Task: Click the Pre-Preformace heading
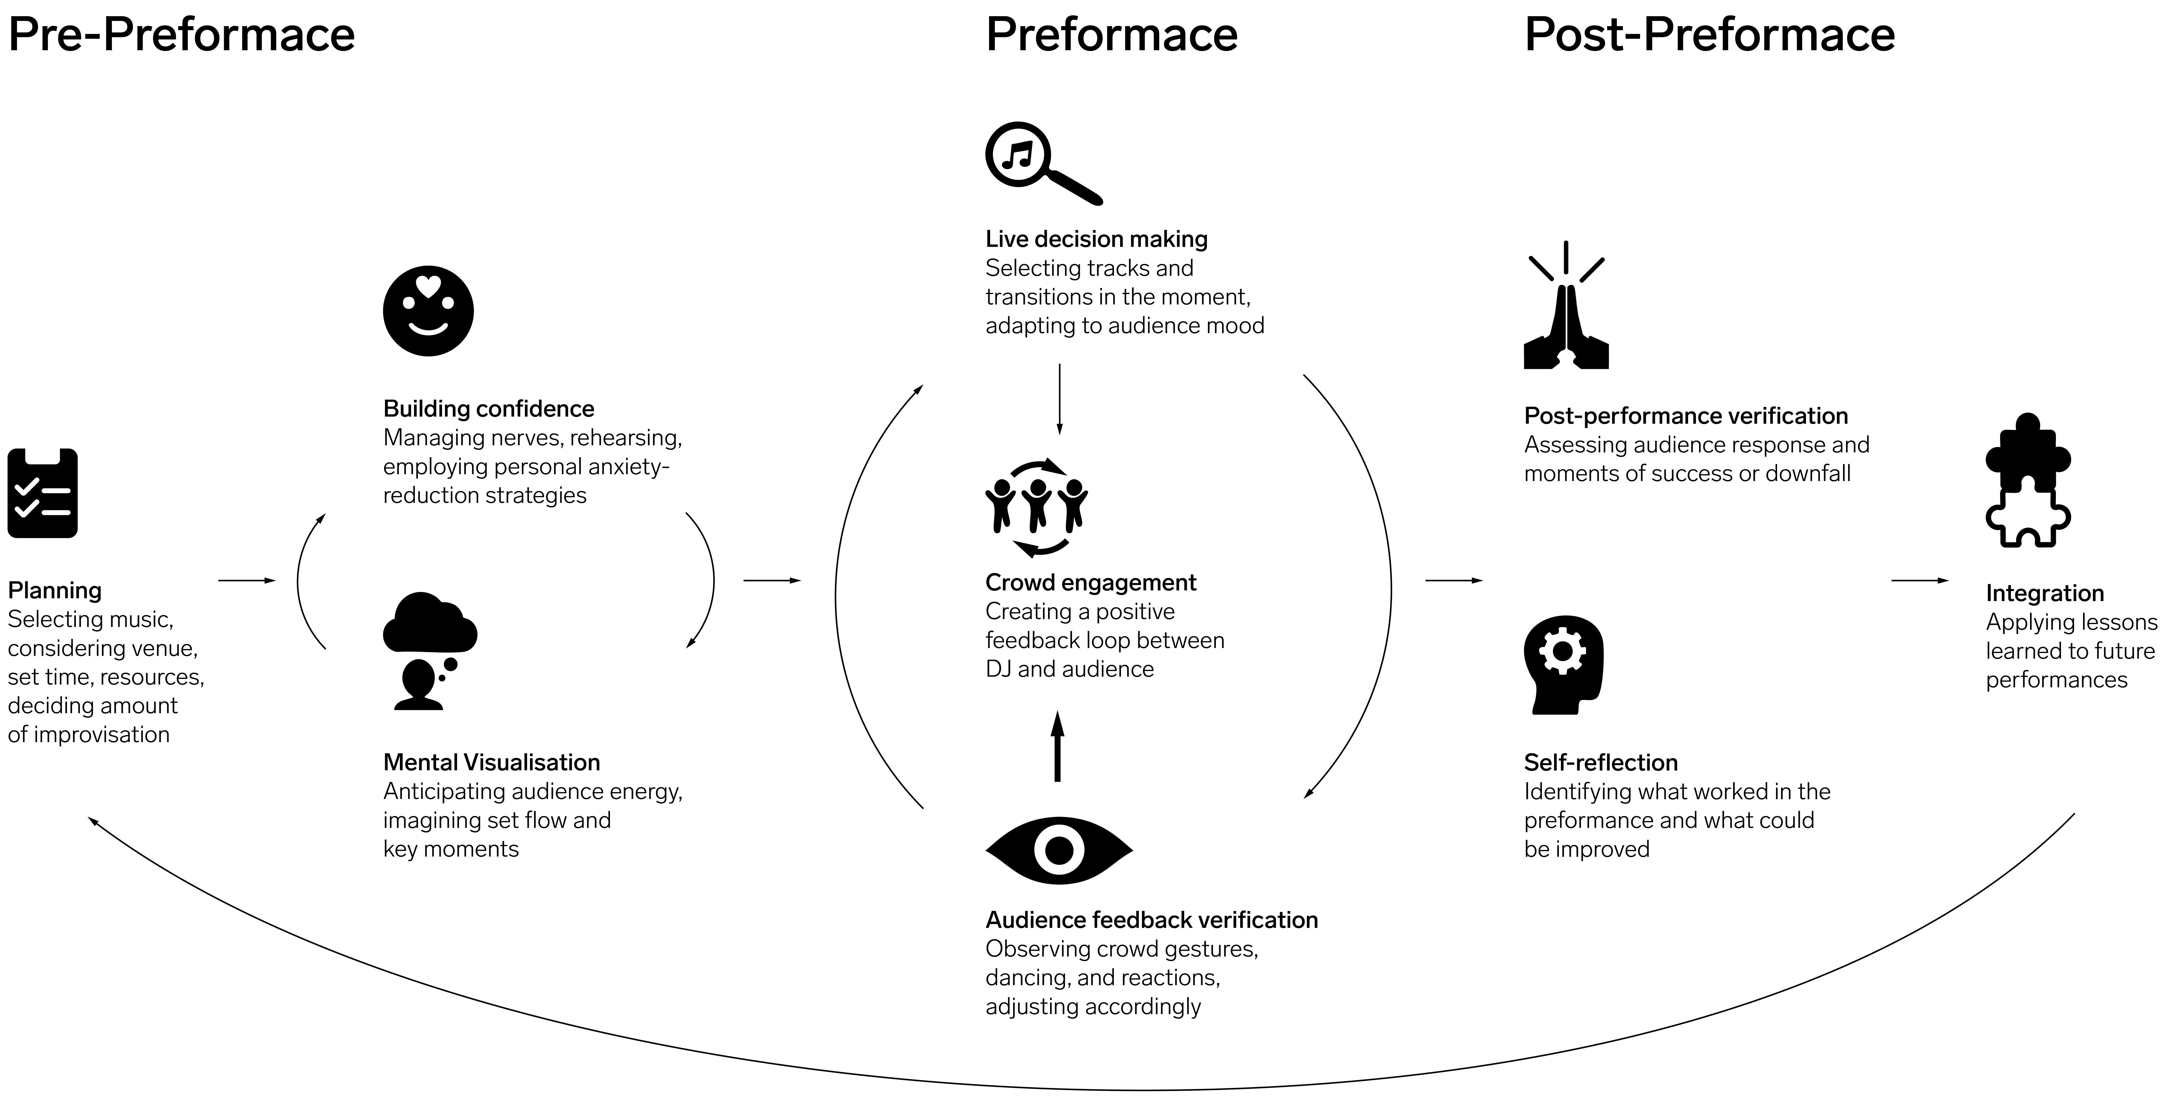click(181, 35)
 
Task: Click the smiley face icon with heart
click(429, 311)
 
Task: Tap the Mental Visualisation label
click(491, 763)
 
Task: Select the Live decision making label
click(1096, 240)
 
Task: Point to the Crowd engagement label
click(1090, 583)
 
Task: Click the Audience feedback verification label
click(1151, 920)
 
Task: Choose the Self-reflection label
click(1600, 763)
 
